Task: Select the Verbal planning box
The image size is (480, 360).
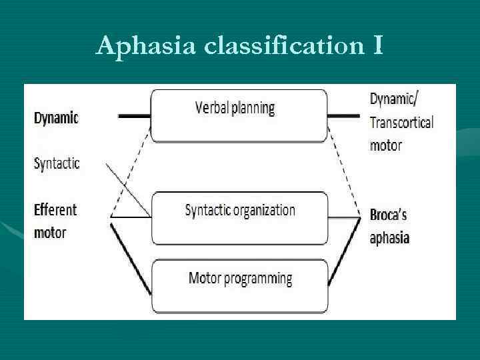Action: click(239, 115)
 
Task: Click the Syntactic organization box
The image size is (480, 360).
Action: click(239, 219)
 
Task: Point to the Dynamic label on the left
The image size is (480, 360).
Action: click(56, 117)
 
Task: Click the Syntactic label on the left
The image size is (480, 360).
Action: click(56, 163)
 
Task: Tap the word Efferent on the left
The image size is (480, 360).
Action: click(55, 209)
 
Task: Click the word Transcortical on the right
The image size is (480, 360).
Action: click(401, 122)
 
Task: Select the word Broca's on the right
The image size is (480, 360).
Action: click(388, 215)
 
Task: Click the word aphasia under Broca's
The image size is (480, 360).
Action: click(389, 238)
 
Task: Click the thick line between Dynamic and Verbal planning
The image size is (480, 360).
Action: click(134, 116)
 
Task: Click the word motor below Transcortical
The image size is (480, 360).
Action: click(385, 145)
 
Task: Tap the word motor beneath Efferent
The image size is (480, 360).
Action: click(50, 233)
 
